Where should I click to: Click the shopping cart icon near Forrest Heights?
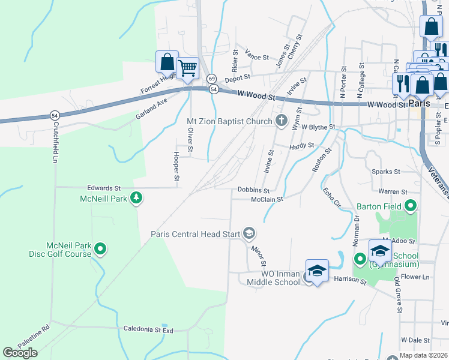(188, 68)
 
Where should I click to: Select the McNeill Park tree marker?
(136, 197)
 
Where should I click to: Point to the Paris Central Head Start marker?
(249, 233)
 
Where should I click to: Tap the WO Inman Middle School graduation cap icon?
(317, 271)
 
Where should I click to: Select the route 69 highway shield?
(211, 79)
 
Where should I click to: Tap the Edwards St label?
(104, 188)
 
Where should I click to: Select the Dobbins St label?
(253, 190)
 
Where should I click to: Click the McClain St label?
(267, 199)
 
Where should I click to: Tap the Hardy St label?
(302, 145)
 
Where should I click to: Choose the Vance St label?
(257, 57)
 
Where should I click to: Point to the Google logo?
(20, 353)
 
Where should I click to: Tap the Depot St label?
(237, 79)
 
